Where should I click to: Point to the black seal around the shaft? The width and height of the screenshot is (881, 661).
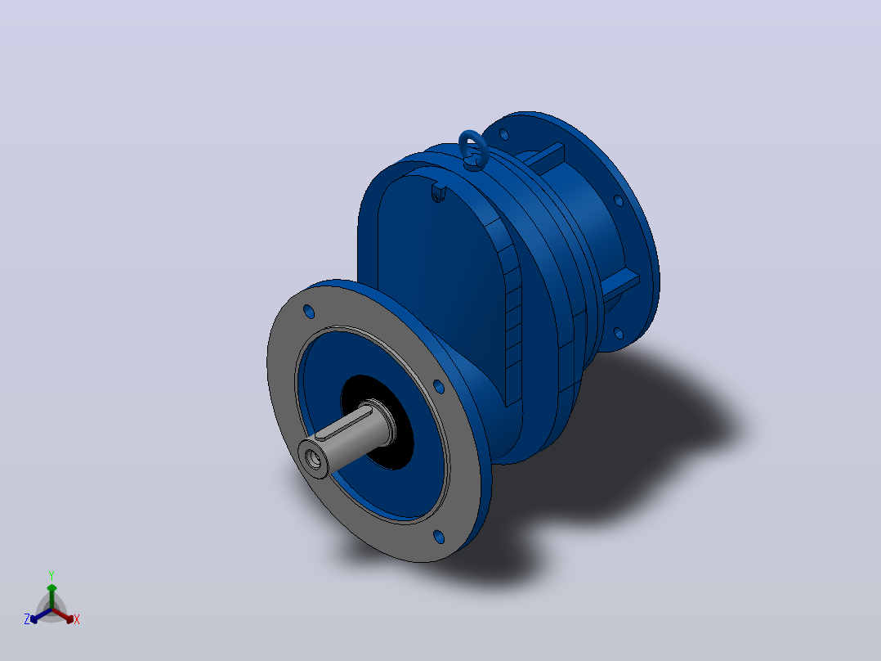[x=377, y=422]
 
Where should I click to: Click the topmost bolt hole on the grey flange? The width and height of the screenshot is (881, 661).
[x=308, y=311]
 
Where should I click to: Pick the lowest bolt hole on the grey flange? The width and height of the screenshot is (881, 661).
[x=439, y=537]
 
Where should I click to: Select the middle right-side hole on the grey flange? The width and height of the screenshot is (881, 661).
[x=439, y=386]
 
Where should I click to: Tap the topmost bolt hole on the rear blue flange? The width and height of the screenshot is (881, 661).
[x=503, y=134]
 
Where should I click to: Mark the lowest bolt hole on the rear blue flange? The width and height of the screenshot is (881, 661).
[x=618, y=333]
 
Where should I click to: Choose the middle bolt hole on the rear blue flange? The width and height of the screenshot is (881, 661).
[x=618, y=200]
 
